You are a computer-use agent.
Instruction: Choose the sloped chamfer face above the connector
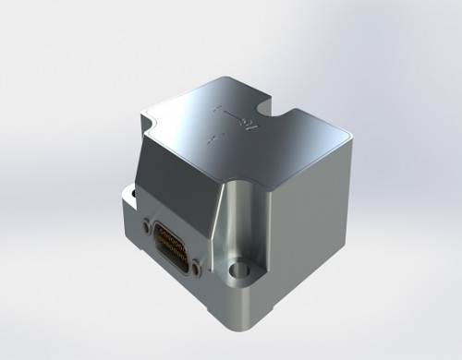180,185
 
